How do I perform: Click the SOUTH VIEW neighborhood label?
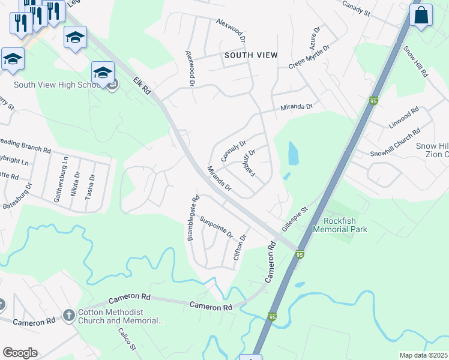251,55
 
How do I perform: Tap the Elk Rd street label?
142,86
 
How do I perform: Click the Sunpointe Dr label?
216,226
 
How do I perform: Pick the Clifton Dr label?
243,246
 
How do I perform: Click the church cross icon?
69,316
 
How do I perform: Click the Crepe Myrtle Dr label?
309,57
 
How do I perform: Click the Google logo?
20,353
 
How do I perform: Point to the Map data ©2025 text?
423,355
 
